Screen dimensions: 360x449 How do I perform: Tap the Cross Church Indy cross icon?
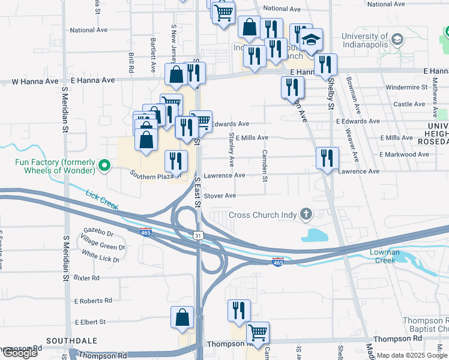[306, 214]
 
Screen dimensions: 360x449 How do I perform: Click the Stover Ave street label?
[220, 196]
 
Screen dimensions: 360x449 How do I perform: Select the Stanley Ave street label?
[231, 151]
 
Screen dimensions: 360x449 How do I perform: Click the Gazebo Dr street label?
[98, 232]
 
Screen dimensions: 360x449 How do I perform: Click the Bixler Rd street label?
[86, 278]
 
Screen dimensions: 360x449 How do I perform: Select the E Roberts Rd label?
[93, 301]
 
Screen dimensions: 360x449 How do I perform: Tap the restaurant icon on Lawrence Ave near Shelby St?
[328, 158]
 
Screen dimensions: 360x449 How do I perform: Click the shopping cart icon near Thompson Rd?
[258, 332]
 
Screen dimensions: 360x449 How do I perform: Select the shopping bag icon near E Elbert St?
[182, 317]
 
